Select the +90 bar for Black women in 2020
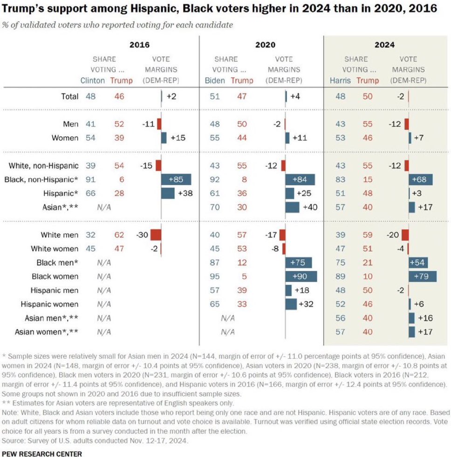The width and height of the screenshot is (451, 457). tap(301, 276)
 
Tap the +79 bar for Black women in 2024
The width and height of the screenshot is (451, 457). tap(423, 276)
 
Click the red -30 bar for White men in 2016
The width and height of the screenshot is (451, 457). tap(156, 235)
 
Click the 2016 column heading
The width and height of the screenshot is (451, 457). tap(140, 45)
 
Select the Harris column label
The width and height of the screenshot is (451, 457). tap(341, 80)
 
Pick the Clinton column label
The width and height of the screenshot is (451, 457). tap(93, 80)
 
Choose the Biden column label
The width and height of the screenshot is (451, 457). tap(215, 80)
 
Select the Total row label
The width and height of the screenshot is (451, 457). tap(69, 96)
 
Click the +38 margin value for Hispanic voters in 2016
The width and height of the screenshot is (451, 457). tap(185, 193)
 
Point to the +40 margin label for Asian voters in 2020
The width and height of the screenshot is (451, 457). tap(310, 207)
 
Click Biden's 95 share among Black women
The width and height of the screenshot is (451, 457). tap(215, 276)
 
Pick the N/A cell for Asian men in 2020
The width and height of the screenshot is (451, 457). tap(227, 318)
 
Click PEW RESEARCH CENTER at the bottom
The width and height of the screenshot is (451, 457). tap(42, 452)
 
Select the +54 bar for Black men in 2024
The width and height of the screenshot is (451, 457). tap(418, 262)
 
